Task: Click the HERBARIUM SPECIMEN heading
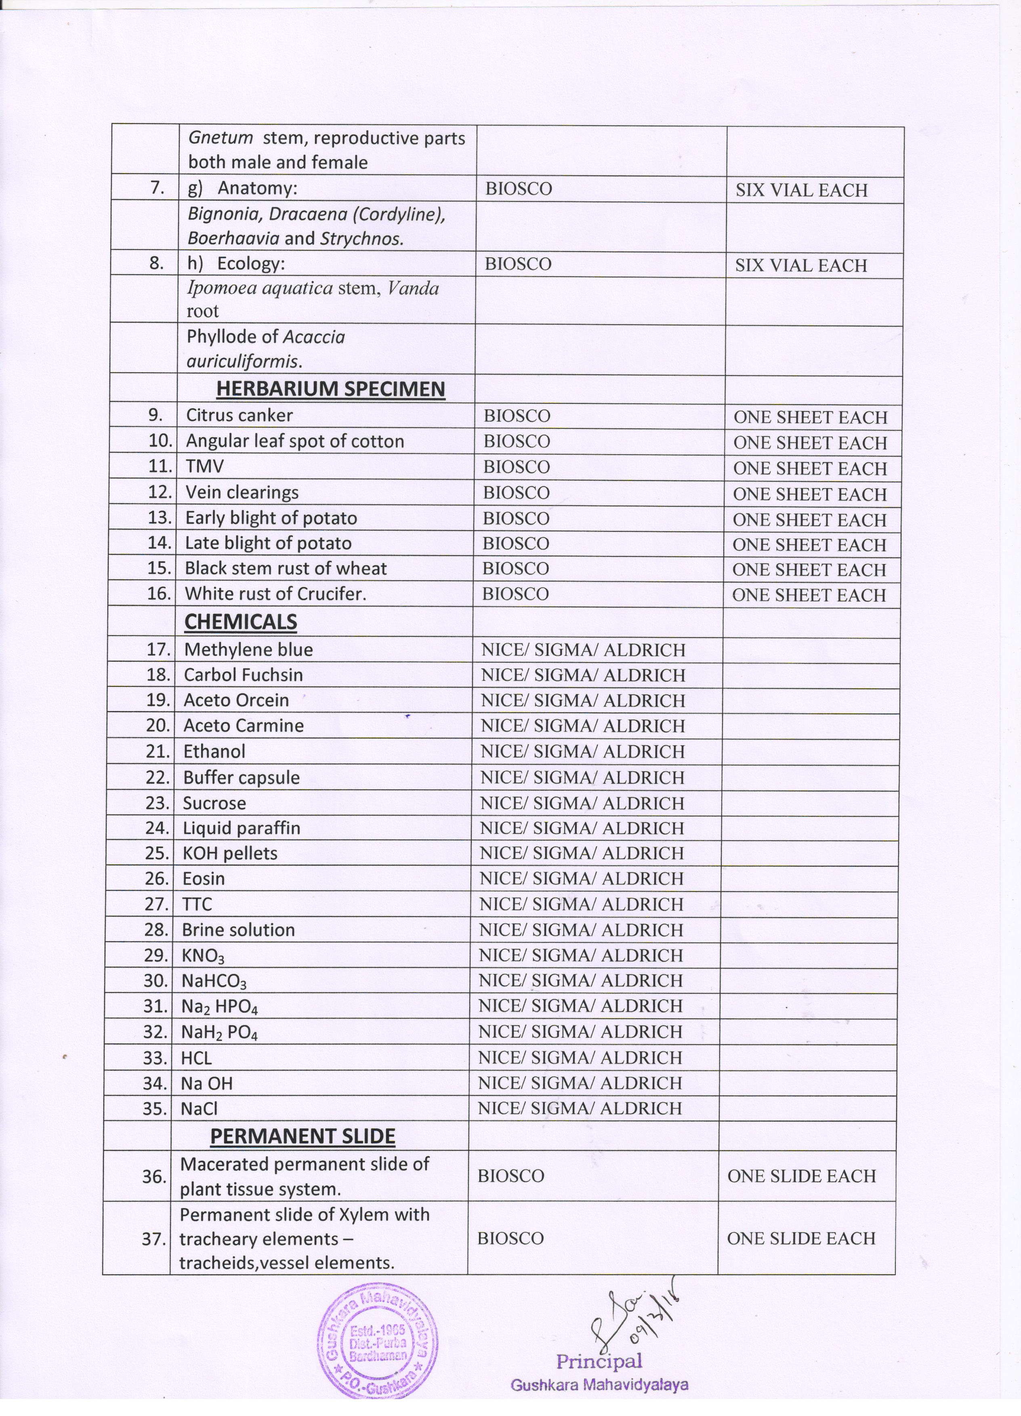click(x=330, y=389)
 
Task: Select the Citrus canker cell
click(x=239, y=415)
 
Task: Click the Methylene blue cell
click(x=248, y=649)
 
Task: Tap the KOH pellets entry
click(x=230, y=853)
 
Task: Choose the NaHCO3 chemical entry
click(x=214, y=981)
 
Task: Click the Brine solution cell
click(x=238, y=929)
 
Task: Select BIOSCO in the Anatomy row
click(x=518, y=189)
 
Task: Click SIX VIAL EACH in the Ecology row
click(x=800, y=265)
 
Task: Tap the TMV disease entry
click(x=204, y=466)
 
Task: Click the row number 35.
click(x=155, y=1109)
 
